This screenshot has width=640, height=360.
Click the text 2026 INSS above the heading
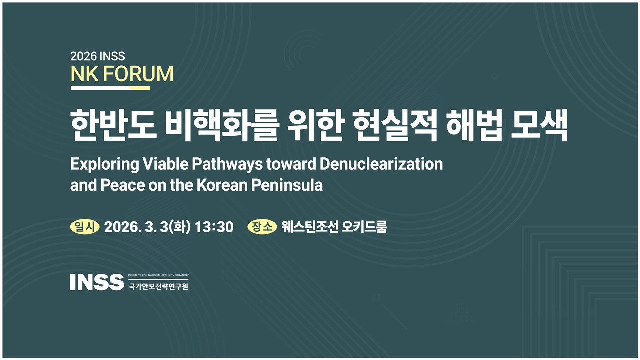point(98,56)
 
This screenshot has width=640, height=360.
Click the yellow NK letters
point(83,74)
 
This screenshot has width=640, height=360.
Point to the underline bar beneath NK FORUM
point(110,88)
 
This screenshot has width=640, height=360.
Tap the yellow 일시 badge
point(85,227)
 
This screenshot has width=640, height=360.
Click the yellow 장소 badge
point(262,227)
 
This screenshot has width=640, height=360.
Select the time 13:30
point(214,227)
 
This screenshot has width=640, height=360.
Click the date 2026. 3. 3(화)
point(147,227)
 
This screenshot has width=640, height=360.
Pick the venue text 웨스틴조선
point(310,227)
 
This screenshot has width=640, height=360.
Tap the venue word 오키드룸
point(365,227)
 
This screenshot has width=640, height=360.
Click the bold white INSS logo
point(97,282)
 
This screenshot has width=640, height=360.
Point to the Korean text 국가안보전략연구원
point(158,287)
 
